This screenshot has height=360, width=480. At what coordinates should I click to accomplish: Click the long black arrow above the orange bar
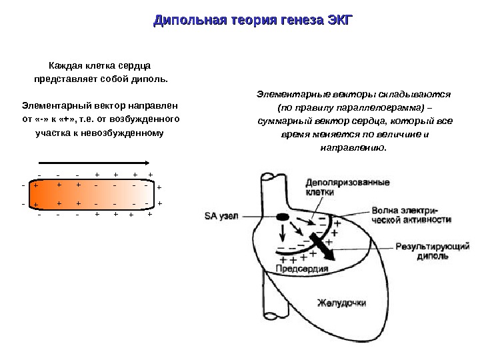[x=94, y=163]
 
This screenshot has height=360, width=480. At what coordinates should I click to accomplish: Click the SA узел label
[x=221, y=216]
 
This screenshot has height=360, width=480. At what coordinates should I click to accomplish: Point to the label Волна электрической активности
[x=411, y=214]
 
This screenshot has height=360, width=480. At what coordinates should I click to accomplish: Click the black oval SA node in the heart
[x=283, y=217]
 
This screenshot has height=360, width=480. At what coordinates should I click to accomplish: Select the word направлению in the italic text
[x=353, y=147]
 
